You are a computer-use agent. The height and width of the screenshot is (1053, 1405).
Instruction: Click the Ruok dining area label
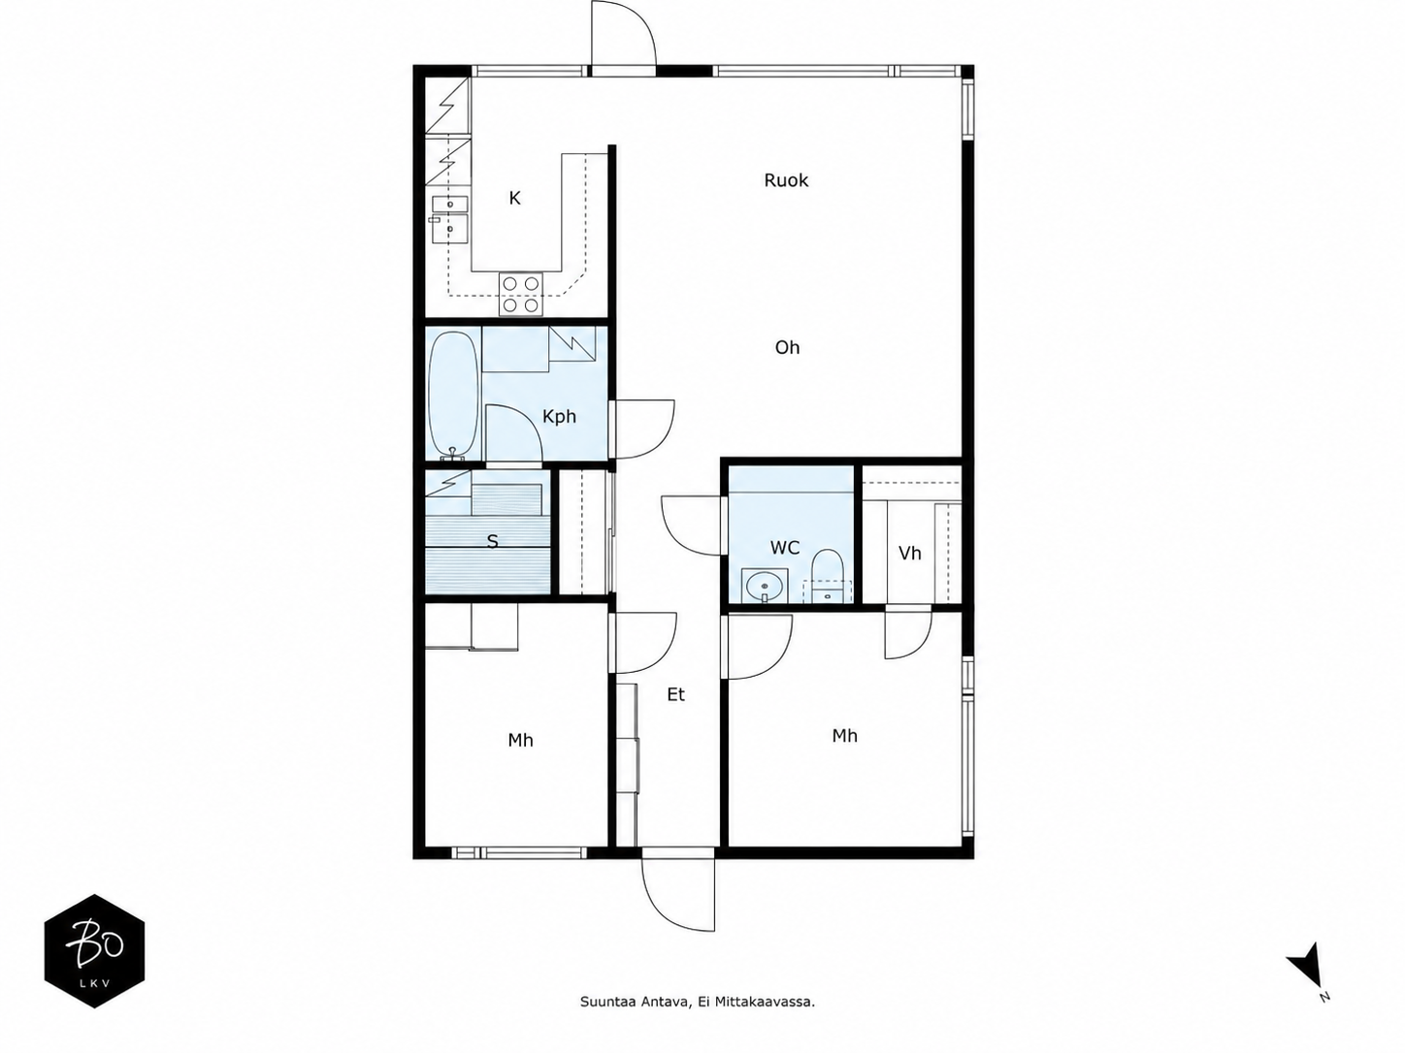(x=785, y=180)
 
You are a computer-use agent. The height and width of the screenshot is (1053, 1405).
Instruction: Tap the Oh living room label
(x=787, y=347)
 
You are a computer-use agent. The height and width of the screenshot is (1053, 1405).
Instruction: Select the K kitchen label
(x=514, y=198)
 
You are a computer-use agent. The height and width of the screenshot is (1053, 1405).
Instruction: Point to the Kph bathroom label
(x=559, y=417)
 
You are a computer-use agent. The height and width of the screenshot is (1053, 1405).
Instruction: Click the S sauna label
(x=492, y=541)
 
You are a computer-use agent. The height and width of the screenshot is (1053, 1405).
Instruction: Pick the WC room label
(x=785, y=548)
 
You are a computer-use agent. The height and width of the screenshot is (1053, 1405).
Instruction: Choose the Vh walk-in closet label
(x=909, y=553)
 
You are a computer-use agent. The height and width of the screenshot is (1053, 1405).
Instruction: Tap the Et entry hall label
(x=676, y=694)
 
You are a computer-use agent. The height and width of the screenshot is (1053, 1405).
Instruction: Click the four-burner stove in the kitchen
(x=521, y=294)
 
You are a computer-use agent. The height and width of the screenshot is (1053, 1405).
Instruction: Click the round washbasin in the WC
(x=765, y=585)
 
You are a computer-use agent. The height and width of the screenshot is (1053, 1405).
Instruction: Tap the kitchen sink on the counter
(x=450, y=220)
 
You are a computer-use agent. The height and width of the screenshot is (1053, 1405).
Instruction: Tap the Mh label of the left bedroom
(x=520, y=741)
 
